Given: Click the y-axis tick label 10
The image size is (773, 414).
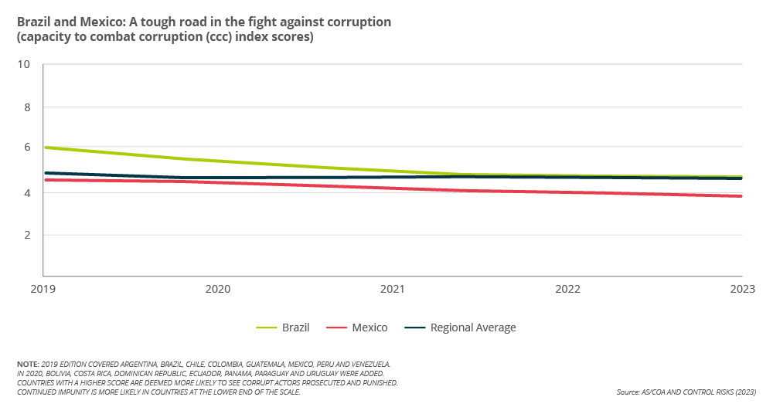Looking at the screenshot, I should tap(23, 64).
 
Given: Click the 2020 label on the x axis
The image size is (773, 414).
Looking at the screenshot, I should tap(218, 289).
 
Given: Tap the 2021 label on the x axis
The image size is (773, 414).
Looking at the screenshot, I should tap(393, 289).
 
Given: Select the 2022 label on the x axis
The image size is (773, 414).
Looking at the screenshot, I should tap(567, 289).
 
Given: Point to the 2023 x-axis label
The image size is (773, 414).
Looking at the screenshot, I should tap(742, 289).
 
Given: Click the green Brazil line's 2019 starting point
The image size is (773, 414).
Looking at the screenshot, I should tap(44, 148).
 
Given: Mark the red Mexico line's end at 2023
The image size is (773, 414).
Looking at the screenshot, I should tap(741, 196).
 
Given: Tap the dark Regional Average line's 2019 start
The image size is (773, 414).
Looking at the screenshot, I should tap(44, 173).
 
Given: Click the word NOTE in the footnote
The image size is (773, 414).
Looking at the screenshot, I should tap(28, 363).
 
